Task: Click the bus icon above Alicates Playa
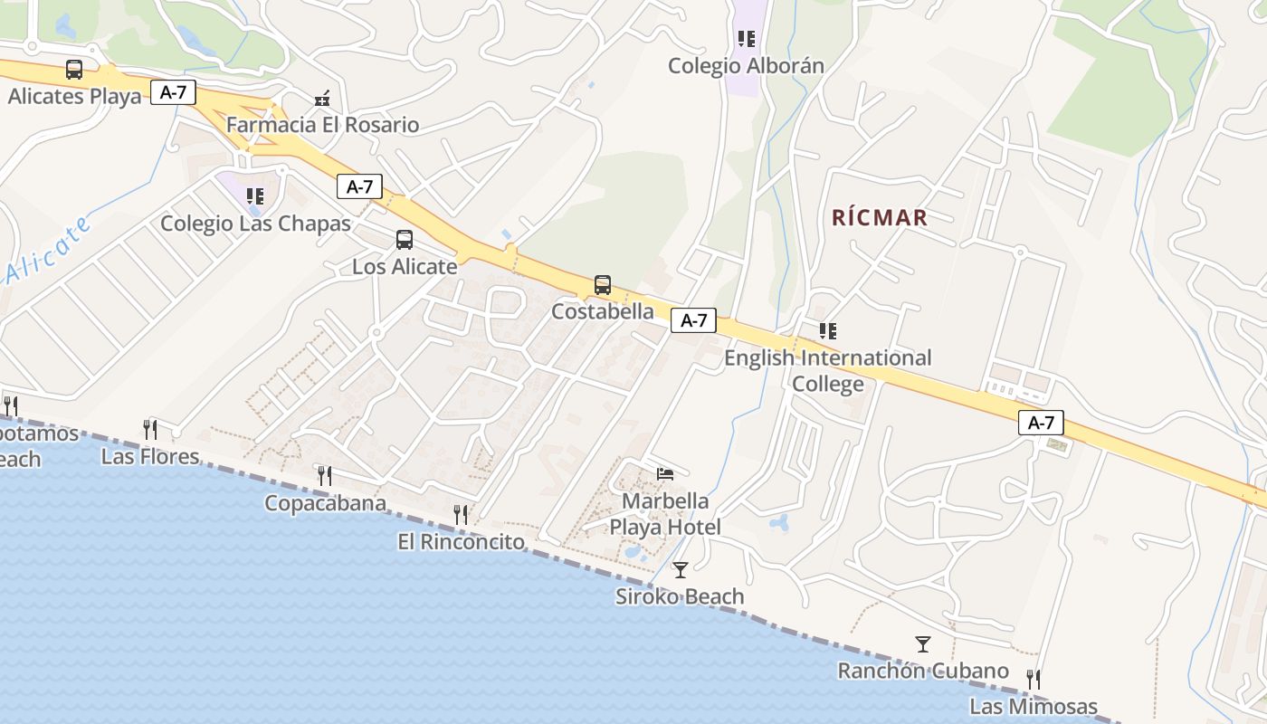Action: (x=74, y=70)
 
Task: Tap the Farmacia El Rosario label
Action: (x=322, y=125)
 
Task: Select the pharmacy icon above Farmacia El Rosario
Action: (x=322, y=98)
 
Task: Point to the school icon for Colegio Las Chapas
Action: (x=255, y=195)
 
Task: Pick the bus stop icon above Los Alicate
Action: (x=405, y=240)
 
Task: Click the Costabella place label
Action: (x=603, y=311)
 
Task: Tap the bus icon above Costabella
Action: (x=603, y=285)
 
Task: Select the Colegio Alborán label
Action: (x=746, y=66)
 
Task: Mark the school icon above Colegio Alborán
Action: (x=746, y=39)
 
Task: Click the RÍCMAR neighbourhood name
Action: (x=880, y=217)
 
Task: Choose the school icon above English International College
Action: (x=827, y=331)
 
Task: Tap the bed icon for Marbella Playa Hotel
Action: (x=665, y=473)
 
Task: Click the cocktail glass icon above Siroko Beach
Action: (x=681, y=569)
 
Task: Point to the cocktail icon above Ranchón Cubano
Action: (x=923, y=644)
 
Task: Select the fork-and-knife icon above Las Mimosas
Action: (x=1034, y=679)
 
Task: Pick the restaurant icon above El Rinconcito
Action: (x=462, y=515)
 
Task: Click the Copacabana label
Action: (x=325, y=503)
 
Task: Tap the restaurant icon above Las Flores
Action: (x=150, y=429)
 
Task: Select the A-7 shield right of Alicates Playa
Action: (x=173, y=92)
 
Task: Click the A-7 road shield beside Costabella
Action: (x=693, y=320)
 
